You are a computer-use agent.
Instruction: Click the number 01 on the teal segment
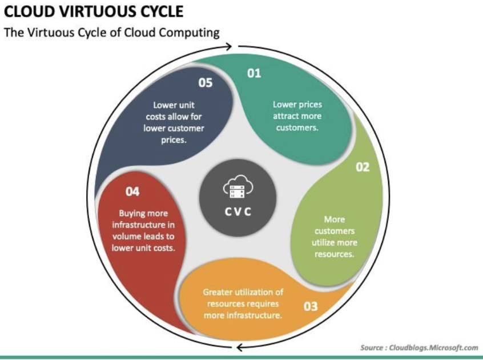point(254,73)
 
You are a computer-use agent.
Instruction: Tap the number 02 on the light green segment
point(363,167)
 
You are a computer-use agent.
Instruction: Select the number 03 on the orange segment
point(311,306)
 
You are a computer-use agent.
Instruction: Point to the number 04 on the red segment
point(132,191)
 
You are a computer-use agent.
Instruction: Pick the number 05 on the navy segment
point(206,83)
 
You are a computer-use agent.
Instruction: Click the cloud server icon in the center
point(238,187)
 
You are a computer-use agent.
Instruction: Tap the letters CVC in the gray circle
point(238,212)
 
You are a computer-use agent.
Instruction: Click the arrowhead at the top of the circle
point(228,47)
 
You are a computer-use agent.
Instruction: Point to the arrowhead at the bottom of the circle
point(241,347)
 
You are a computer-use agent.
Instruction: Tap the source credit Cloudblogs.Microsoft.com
point(433,347)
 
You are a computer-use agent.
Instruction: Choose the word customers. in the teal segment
point(297,127)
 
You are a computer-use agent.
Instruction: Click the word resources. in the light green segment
point(334,254)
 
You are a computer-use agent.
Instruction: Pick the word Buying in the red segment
point(131,213)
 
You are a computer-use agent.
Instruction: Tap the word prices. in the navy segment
point(174,140)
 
